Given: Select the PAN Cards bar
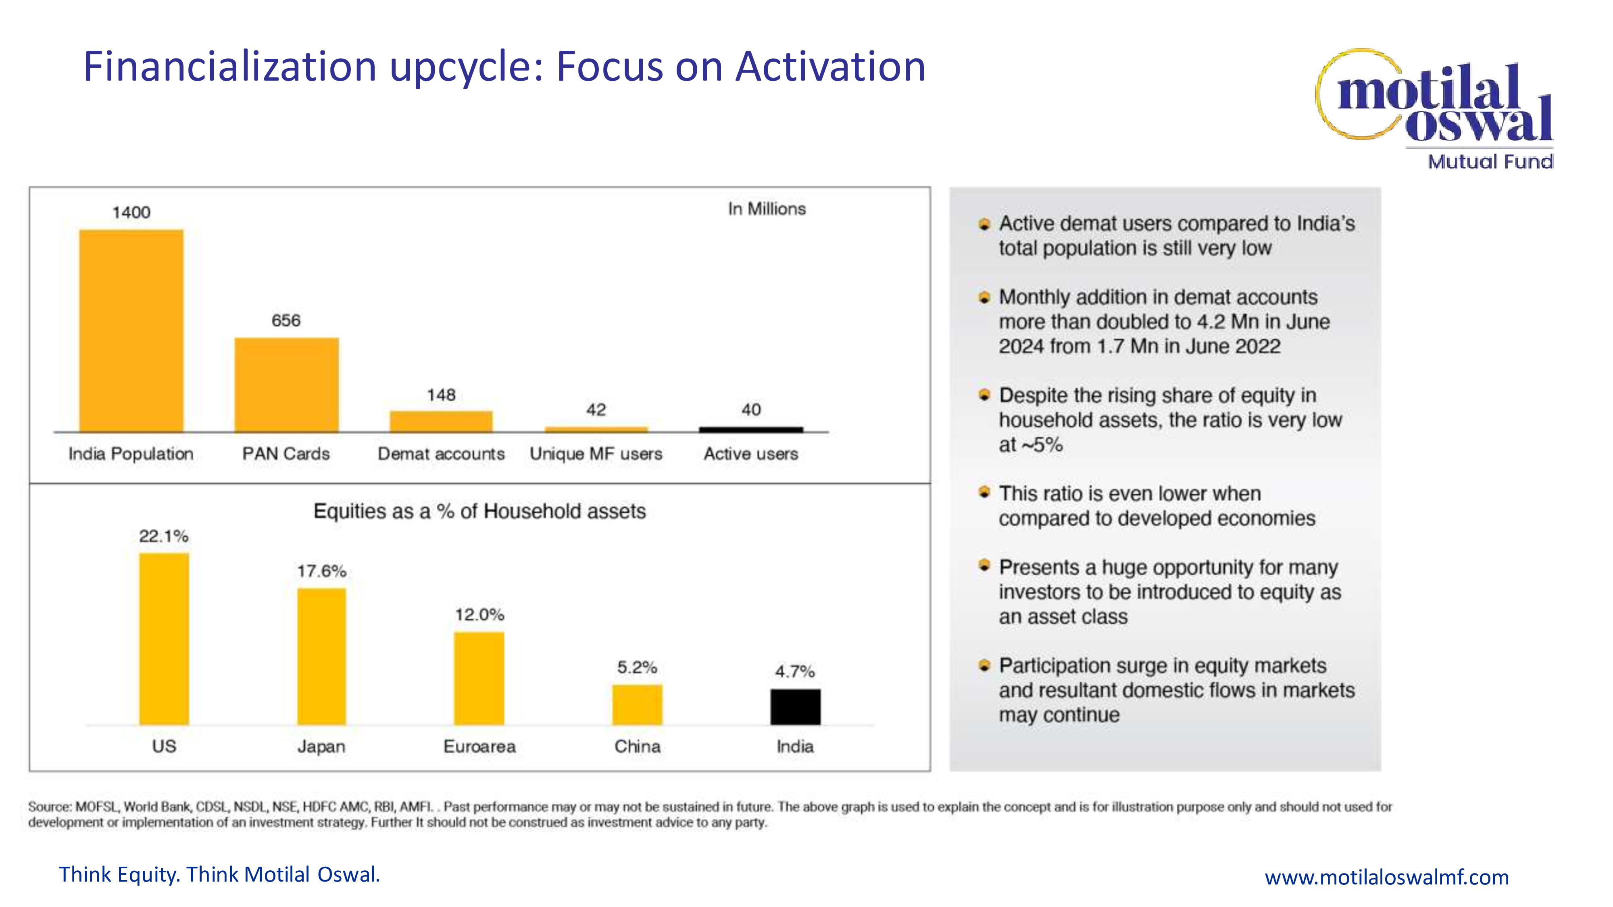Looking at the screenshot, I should (x=286, y=384).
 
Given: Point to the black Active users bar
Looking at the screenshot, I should (x=751, y=429).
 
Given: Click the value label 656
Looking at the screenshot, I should (x=286, y=320).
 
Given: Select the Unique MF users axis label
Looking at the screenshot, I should (x=596, y=454).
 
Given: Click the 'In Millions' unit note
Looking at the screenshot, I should (x=767, y=209).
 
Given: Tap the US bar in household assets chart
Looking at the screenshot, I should (x=164, y=639).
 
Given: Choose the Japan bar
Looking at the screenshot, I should (x=321, y=656).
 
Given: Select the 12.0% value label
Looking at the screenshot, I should (x=479, y=615).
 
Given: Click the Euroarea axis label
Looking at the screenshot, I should (x=479, y=746).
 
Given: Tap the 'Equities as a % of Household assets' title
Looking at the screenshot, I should (x=479, y=512).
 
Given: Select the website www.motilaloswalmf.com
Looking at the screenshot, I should (x=1386, y=877).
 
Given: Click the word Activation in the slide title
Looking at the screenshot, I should (x=830, y=67).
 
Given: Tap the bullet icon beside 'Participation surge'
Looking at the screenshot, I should (x=984, y=666).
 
